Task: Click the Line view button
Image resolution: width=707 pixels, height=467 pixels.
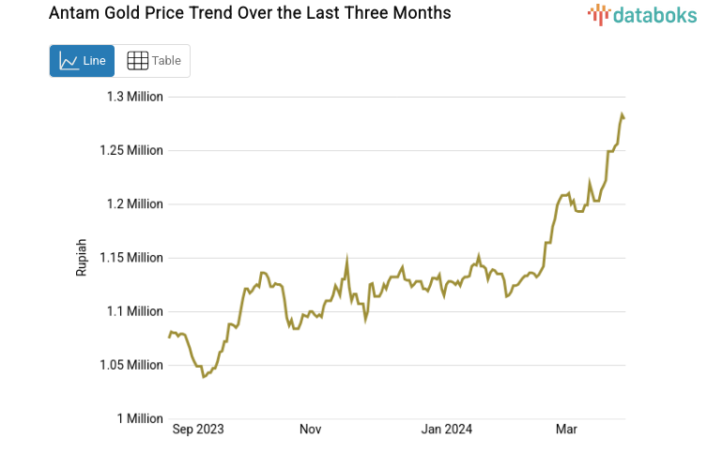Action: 82,61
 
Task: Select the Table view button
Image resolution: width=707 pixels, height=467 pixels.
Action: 153,61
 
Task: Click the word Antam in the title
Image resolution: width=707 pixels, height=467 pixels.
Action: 72,13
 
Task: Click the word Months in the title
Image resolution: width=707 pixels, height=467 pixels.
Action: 419,13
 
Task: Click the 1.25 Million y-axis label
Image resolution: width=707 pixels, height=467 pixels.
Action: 131,150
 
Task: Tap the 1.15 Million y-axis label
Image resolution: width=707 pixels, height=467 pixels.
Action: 131,257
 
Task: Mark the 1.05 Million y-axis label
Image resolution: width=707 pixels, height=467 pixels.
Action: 131,365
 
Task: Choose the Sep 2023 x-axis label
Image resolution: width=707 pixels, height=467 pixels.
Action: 199,429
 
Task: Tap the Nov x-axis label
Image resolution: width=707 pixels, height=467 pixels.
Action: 311,429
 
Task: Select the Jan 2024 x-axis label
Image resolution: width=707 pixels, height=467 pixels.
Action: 447,429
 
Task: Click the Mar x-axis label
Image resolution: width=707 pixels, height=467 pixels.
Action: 566,429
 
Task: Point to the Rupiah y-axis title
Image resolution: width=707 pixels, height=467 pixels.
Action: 81,257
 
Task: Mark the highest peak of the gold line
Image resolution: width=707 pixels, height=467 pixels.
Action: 622,114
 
